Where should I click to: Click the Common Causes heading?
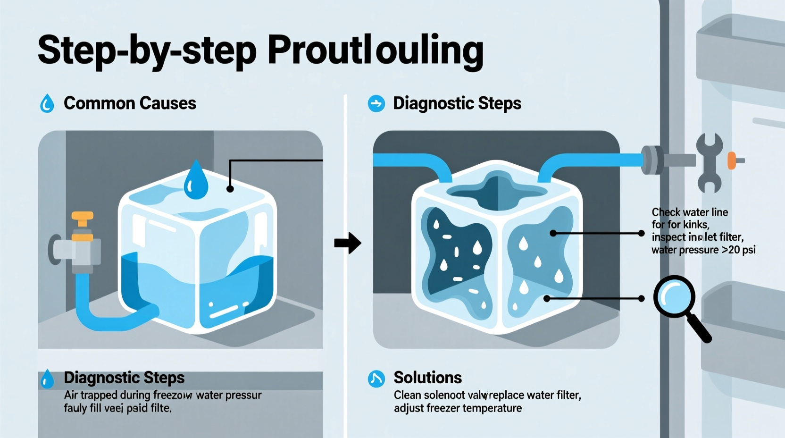coord(130,103)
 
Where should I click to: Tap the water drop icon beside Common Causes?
coord(47,103)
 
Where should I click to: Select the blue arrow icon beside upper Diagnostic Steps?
coord(376,103)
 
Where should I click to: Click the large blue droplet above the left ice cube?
coord(196,181)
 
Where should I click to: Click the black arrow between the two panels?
coord(348,243)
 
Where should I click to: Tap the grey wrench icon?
coord(709,162)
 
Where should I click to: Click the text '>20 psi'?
coord(739,250)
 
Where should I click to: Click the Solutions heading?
coord(427,378)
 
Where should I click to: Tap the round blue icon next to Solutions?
coord(376,379)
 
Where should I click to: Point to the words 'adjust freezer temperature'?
coord(458,408)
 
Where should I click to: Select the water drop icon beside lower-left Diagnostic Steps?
coord(47,379)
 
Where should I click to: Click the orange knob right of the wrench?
coord(732,160)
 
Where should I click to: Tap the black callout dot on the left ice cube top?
coord(230,189)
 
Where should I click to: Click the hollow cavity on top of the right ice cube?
coord(496,191)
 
